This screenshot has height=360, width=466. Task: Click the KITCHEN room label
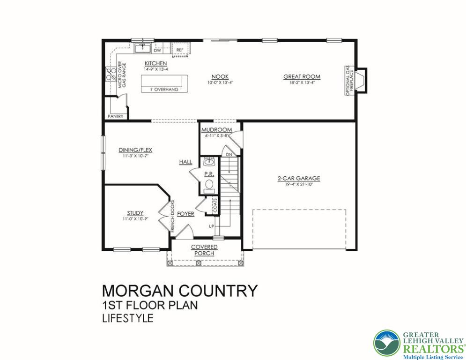pos(155,63)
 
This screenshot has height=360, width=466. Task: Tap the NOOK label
pos(220,76)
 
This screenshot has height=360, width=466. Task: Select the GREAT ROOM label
pos(298,76)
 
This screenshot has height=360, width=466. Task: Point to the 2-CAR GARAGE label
pos(298,178)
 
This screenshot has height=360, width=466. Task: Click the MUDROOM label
pos(216,130)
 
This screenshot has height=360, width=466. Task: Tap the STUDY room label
pos(135,213)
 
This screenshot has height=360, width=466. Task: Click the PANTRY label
pos(115,116)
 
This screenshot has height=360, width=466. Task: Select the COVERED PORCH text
pos(204,250)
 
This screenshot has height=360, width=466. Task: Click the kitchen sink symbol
pos(142,48)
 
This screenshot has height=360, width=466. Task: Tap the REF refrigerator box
pos(180,49)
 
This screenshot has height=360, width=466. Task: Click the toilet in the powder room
pos(209,184)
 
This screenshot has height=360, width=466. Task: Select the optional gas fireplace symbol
pos(360,81)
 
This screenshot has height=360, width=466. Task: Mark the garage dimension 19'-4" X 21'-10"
pos(298,184)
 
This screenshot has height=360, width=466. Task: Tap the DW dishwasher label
pos(158,50)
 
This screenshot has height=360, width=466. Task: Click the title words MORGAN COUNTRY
pos(180,291)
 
